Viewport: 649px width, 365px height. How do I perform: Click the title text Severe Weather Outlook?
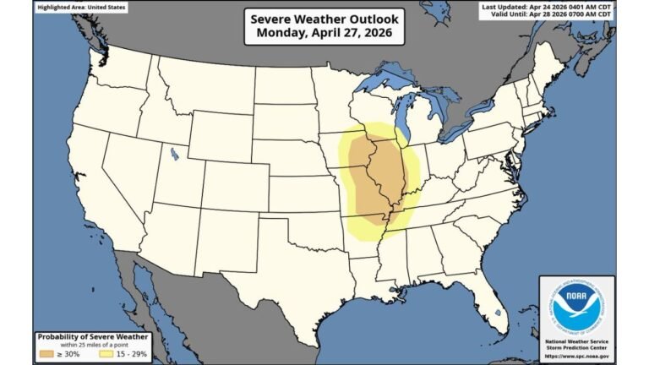(x=324, y=19)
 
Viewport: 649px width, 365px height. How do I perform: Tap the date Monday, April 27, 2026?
(x=324, y=35)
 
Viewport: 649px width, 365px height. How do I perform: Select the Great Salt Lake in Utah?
(x=173, y=154)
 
